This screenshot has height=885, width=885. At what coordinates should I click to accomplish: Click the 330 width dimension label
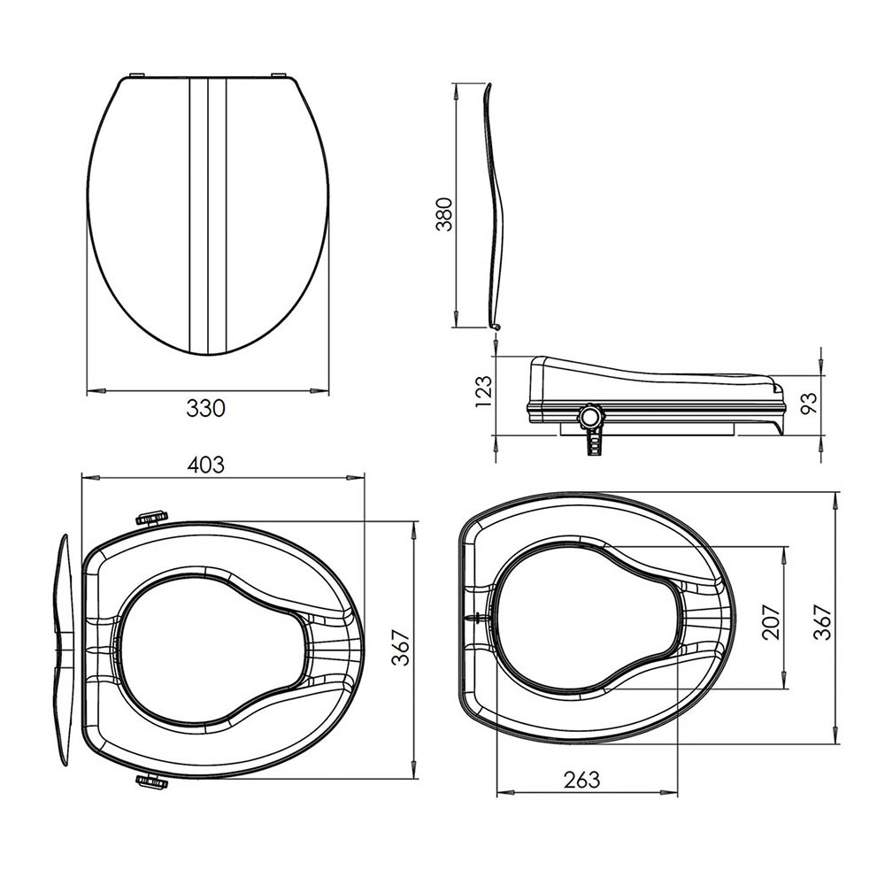tap(206, 408)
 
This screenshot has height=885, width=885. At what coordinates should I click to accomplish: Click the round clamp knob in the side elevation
tap(589, 414)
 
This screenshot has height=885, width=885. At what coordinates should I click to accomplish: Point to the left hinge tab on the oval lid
tap(136, 76)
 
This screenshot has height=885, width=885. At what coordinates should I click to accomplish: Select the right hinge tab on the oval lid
tap(279, 76)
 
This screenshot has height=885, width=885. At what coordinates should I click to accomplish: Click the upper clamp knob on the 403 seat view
tap(151, 516)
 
